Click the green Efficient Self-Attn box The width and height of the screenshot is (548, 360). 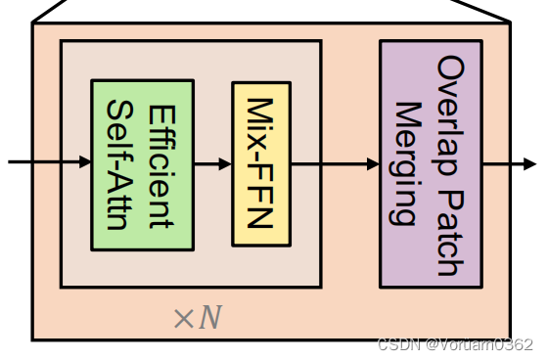tap(142, 163)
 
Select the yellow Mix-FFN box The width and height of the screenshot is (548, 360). tap(261, 163)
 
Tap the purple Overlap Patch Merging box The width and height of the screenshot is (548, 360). tap(430, 163)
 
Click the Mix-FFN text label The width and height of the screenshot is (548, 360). tap(260, 163)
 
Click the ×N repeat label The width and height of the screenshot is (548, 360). tap(197, 318)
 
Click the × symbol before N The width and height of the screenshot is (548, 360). tap(184, 319)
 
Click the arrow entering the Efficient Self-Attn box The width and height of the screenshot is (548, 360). tap(49, 163)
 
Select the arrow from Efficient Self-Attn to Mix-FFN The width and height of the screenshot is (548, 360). tap(212, 163)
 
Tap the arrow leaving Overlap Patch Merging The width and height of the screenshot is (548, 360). tap(509, 163)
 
